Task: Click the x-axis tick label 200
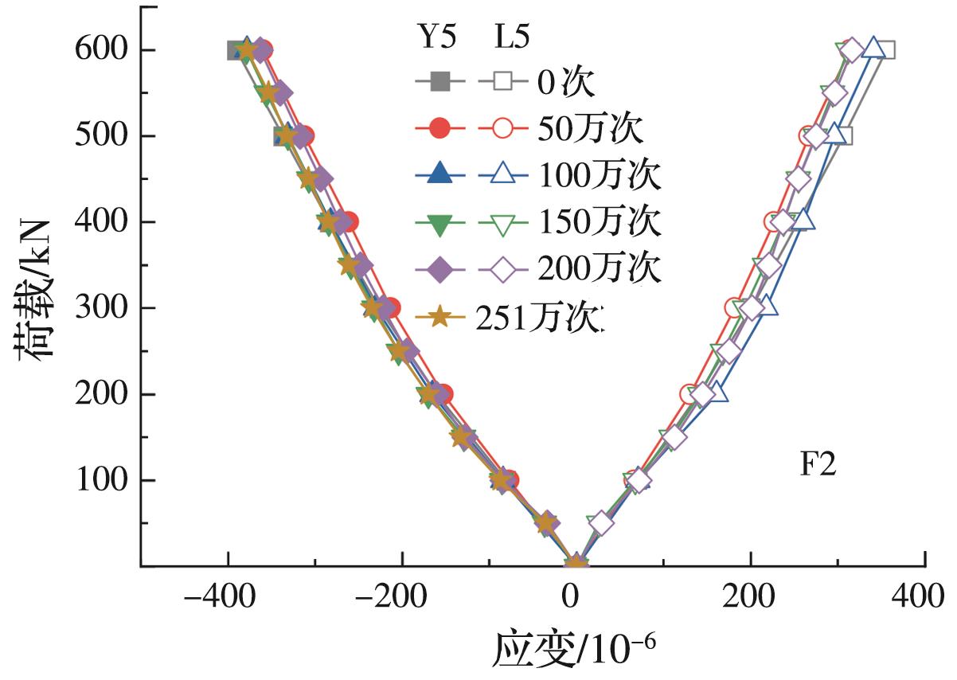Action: [x=750, y=596]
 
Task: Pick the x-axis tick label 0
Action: [x=572, y=596]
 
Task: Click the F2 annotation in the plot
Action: [x=818, y=465]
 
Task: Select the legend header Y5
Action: [x=437, y=38]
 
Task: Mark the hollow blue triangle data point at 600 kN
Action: [x=873, y=48]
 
